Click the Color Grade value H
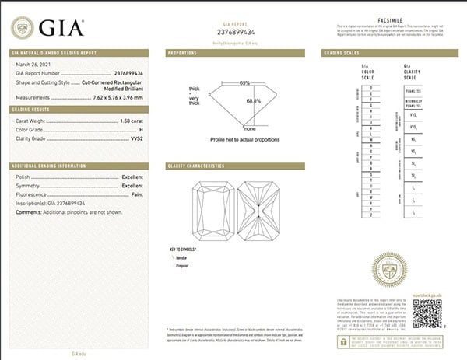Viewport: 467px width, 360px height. (141, 130)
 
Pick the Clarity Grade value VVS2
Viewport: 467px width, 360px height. (135, 138)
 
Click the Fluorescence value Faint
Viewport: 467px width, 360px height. (135, 194)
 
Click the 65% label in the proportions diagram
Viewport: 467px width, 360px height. (244, 82)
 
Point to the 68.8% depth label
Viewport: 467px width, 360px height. (253, 102)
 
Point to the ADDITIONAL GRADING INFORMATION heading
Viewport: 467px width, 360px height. (49, 166)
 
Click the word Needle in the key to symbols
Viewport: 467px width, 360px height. (205, 256)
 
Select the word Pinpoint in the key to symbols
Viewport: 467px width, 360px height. (206, 265)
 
